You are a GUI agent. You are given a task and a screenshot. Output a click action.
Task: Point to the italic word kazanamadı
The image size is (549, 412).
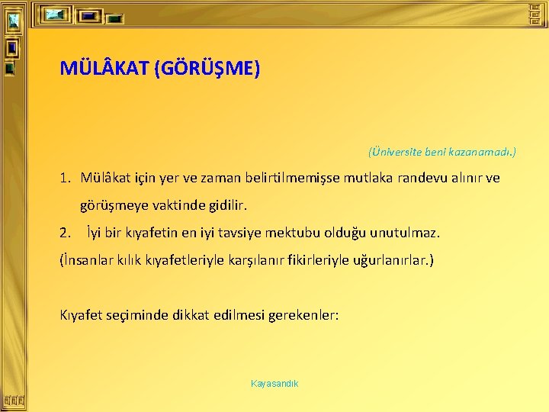[x=482, y=152]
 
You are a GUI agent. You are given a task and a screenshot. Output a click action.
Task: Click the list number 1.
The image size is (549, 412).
[x=66, y=179]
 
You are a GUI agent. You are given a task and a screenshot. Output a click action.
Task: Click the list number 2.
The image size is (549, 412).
[x=66, y=232]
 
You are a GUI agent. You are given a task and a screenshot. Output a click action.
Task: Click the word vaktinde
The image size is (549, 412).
[x=176, y=206]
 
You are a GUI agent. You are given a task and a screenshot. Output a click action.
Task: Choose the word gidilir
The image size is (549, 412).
[x=226, y=206]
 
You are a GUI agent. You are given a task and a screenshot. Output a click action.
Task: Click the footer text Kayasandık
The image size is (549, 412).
[x=274, y=383]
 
